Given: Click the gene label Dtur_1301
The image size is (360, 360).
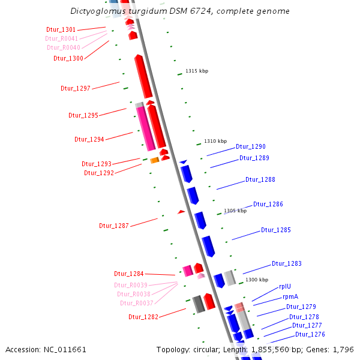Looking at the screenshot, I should point(61,29).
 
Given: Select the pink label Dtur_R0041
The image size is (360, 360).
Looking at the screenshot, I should point(61,38).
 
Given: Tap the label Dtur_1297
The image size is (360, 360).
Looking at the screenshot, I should point(75,88).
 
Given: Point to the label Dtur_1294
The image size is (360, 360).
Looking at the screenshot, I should point(89,139).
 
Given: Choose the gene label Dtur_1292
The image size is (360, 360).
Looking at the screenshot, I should point(98,173).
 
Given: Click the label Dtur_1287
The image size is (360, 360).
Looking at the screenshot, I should point(113,226).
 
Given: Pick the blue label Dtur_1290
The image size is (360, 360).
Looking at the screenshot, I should point(250,146).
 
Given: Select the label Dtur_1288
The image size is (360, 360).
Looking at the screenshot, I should point(260,179).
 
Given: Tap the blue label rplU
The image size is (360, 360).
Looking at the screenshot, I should point(285,286).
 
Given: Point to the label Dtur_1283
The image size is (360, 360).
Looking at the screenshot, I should point(286,263).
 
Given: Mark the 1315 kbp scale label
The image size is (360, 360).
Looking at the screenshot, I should point(197,71).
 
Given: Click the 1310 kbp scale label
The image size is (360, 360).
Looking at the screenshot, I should point(215,141).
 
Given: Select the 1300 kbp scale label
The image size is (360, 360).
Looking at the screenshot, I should point(257,280).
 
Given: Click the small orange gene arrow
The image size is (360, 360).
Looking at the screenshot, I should point(154,160).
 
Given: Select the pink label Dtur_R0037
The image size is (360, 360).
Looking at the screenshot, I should point(136,303).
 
